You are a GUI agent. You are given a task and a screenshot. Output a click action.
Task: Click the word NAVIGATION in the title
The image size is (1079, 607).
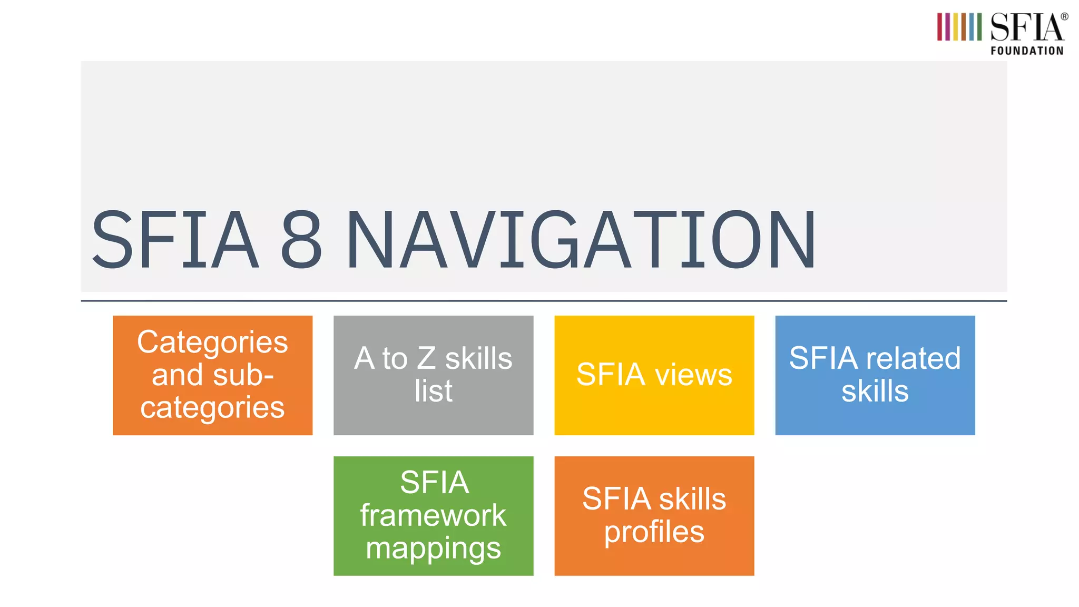[581, 240]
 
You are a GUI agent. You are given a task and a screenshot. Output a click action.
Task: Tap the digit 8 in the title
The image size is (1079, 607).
[301, 240]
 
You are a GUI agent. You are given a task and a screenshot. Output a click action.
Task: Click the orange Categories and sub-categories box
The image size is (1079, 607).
[212, 375]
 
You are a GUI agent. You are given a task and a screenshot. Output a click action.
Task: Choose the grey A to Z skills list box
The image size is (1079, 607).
[433, 375]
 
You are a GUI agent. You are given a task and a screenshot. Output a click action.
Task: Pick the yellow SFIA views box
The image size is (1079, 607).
[654, 375]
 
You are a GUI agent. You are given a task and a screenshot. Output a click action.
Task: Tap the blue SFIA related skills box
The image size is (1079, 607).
[875, 375]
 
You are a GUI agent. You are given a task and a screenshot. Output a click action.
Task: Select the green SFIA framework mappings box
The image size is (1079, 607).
[433, 516]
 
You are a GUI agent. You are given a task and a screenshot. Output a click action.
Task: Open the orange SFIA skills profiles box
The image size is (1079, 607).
[654, 516]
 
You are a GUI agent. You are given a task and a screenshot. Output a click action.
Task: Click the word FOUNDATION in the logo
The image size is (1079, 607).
[1027, 51]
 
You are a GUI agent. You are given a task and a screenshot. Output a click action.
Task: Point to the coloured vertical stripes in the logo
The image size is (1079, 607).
[959, 27]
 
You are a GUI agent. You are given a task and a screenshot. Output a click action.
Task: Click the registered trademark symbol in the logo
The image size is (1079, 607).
[1064, 17]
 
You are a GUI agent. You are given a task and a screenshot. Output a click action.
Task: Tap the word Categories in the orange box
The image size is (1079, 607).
[212, 342]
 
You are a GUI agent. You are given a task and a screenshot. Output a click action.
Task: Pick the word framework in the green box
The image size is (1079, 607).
[433, 515]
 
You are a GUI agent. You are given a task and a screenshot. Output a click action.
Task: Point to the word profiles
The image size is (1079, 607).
[654, 532]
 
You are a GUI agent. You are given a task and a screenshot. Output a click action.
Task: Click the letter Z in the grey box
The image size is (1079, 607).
[426, 359]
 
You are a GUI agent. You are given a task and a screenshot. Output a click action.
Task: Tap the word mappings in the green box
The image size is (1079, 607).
[433, 549]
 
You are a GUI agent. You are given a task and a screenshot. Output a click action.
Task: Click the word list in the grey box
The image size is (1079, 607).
[433, 391]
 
